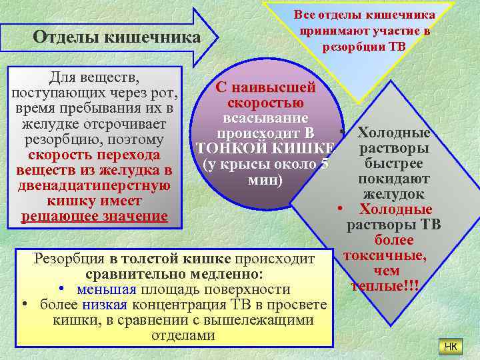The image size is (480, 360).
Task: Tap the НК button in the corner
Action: click(x=450, y=346)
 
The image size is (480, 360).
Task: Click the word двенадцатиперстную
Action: click(x=93, y=185)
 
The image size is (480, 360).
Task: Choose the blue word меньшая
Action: click(x=107, y=289)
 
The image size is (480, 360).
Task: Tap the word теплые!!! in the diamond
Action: click(x=387, y=286)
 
